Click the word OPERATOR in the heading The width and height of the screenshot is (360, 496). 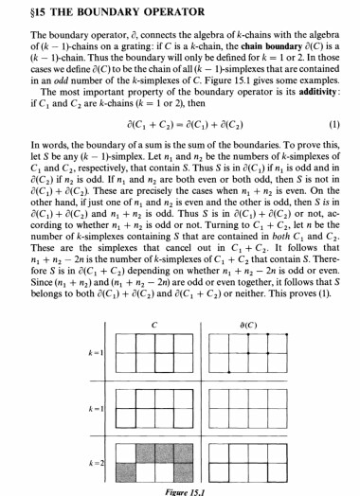click(181, 13)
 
